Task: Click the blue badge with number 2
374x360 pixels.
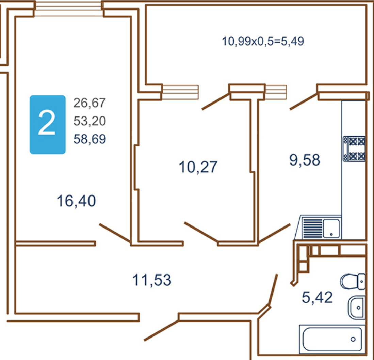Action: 47,124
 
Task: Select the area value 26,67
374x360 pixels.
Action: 90,103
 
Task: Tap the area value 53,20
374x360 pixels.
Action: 90,121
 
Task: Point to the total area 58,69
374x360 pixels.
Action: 90,139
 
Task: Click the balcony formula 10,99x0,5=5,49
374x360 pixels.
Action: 263,41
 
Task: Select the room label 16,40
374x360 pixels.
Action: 76,201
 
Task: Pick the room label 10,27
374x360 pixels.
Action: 198,167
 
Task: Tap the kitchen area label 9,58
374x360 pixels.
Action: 305,160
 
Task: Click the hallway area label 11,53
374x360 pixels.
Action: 152,280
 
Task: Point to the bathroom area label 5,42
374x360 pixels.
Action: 317,297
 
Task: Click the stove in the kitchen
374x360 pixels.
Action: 354,148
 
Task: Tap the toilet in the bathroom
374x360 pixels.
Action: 353,282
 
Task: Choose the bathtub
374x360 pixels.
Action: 332,339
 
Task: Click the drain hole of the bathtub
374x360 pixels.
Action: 353,339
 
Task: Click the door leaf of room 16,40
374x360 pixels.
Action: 115,233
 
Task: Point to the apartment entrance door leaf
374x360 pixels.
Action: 161,331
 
